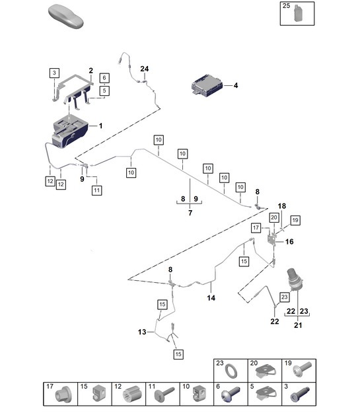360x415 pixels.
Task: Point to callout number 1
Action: click(x=100, y=126)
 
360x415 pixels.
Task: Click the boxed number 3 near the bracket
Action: click(x=54, y=72)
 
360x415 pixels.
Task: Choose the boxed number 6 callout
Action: click(x=104, y=78)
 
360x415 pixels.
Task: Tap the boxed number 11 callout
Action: click(x=96, y=190)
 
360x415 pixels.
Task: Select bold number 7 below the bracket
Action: click(x=190, y=213)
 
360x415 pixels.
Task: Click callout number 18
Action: click(x=281, y=207)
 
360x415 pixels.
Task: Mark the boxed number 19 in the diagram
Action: click(x=295, y=219)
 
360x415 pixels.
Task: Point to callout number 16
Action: click(x=289, y=242)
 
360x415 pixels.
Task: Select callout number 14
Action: click(x=211, y=298)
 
